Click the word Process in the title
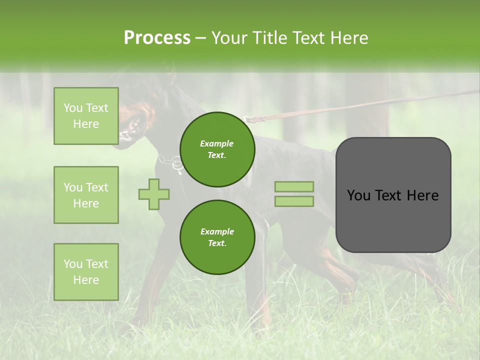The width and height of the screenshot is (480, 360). click(157, 38)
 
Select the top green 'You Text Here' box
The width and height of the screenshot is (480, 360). click(86, 116)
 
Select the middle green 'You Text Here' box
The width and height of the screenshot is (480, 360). click(86, 195)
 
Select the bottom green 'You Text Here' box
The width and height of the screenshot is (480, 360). click(86, 271)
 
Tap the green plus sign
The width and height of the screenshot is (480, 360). click(154, 194)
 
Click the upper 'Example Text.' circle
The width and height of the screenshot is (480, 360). click(217, 149)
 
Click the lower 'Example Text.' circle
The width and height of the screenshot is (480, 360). click(217, 237)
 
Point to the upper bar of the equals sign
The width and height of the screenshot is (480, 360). click(294, 187)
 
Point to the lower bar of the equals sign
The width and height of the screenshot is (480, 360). click(294, 201)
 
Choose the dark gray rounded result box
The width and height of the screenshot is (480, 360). click(393, 195)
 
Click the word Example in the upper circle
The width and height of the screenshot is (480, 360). click(217, 143)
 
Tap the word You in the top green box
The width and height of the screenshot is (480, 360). click(72, 108)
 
